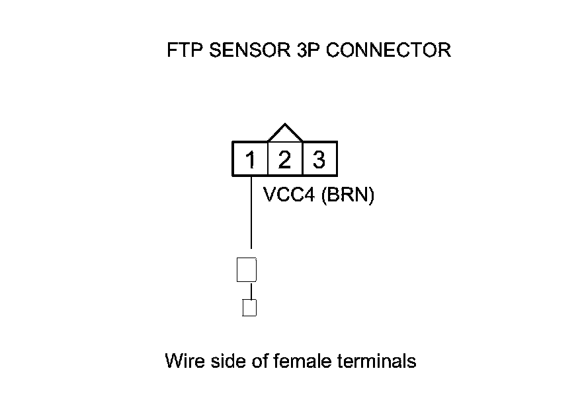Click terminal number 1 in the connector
251,160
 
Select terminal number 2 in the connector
284,160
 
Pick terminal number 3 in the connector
319,160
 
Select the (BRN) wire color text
348,196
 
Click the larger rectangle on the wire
246,270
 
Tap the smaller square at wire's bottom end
249,308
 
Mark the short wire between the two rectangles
251,291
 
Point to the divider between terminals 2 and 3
302,159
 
